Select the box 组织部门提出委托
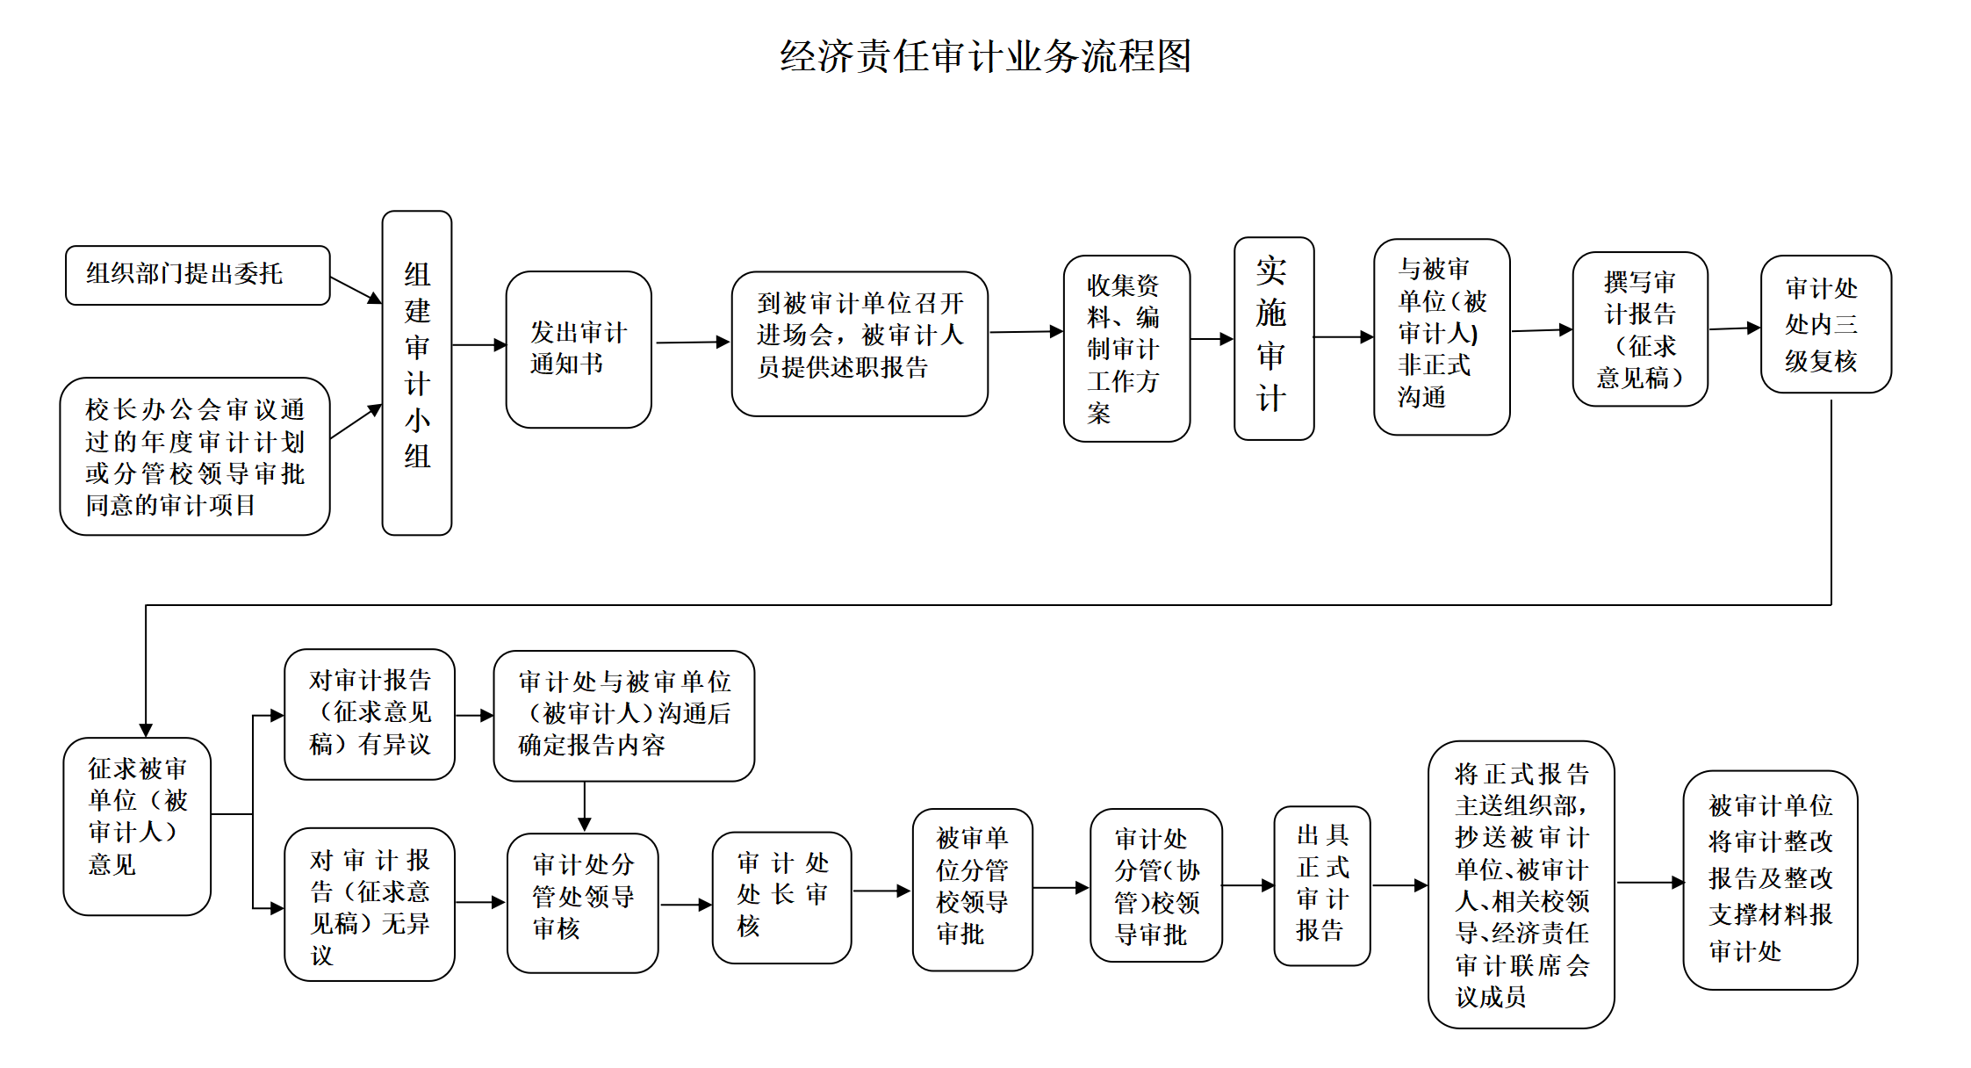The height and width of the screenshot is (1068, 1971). click(198, 275)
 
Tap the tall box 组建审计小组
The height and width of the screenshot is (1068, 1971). click(417, 372)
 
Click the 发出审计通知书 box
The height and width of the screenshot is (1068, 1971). click(579, 350)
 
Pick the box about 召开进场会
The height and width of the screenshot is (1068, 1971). click(860, 343)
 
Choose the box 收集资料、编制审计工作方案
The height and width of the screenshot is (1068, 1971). click(1126, 349)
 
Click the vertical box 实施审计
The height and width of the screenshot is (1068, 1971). click(1273, 338)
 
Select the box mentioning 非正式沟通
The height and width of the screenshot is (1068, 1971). click(1441, 336)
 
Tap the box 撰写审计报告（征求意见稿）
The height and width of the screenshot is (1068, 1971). click(1639, 329)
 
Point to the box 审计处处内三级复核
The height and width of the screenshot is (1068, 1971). click(1825, 324)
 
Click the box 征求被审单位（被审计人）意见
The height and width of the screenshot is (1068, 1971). click(137, 826)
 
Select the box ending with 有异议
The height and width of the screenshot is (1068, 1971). click(370, 714)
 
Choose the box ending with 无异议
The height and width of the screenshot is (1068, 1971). click(370, 904)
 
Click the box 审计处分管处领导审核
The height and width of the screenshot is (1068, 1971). click(582, 903)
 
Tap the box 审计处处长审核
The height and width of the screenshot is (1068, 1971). click(781, 898)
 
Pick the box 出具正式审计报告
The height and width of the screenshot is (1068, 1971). click(1321, 885)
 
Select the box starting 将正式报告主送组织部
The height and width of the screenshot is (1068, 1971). click(1521, 884)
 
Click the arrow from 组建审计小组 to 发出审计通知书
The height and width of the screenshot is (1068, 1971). click(478, 345)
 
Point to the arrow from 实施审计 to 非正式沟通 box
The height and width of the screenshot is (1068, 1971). click(1343, 337)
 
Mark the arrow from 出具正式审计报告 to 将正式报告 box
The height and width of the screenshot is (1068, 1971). click(1399, 885)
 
